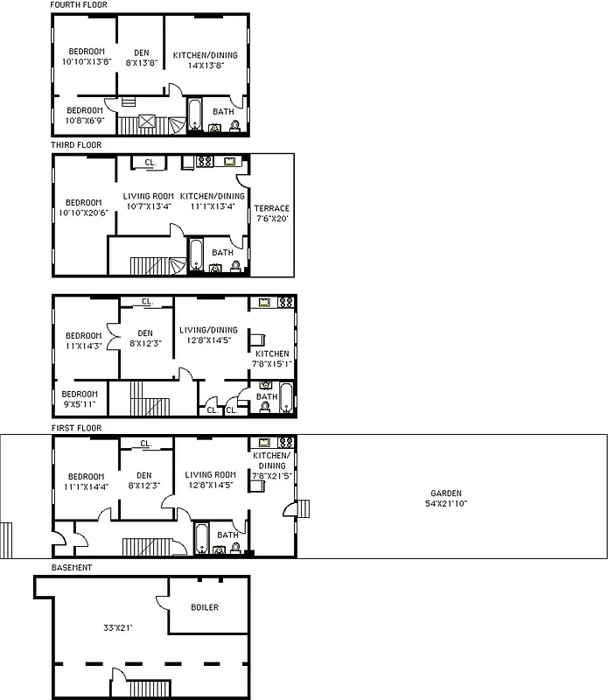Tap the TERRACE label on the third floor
[271, 208]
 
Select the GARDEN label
[445, 493]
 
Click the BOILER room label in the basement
[205, 607]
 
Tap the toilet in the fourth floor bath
[235, 126]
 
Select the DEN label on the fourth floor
[141, 52]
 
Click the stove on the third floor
[205, 162]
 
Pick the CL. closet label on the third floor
[150, 163]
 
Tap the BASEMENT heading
[72, 568]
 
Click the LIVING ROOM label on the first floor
[211, 475]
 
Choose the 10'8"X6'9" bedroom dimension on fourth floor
[91, 121]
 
